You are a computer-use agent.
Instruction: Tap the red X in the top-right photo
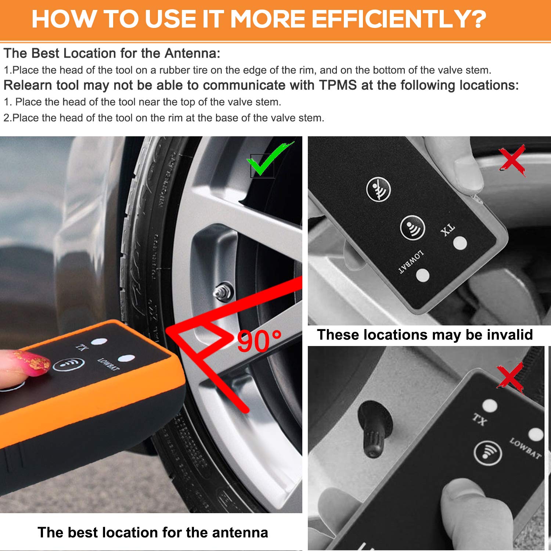pyautogui.click(x=512, y=160)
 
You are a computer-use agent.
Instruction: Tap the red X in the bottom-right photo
pyautogui.click(x=510, y=377)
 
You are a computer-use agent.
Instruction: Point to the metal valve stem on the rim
pyautogui.click(x=222, y=291)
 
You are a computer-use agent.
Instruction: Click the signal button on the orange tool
pyautogui.click(x=69, y=364)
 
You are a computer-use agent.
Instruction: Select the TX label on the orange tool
pyautogui.click(x=82, y=346)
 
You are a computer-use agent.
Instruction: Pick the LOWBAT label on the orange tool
pyautogui.click(x=108, y=364)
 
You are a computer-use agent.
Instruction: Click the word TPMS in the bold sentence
pyautogui.click(x=338, y=85)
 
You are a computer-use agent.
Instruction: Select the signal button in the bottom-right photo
pyautogui.click(x=487, y=453)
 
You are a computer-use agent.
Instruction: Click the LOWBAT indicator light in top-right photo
pyautogui.click(x=423, y=275)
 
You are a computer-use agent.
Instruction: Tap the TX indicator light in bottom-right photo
pyautogui.click(x=490, y=406)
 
